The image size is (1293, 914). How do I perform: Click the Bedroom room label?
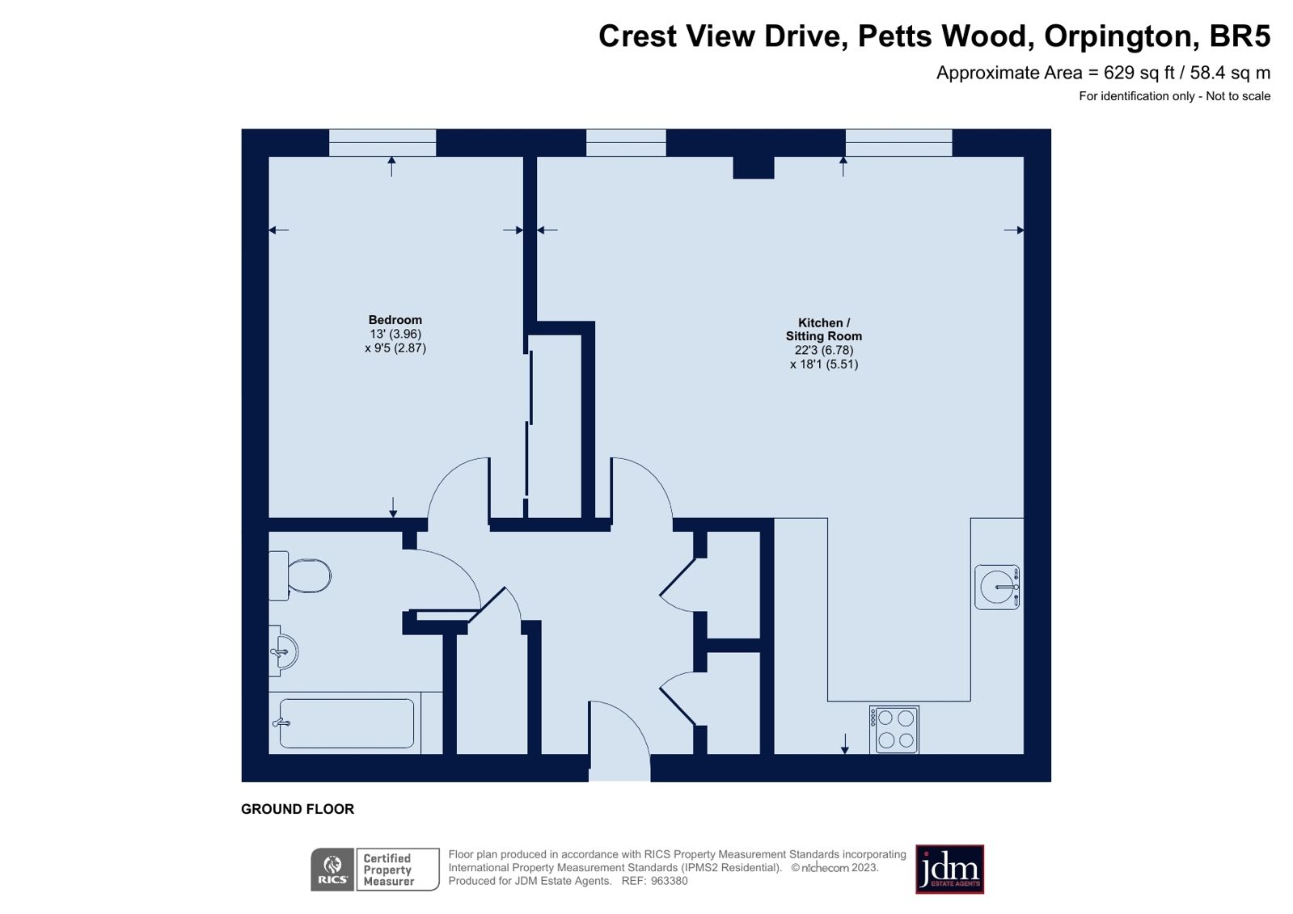pos(395,320)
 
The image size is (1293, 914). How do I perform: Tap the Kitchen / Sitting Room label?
pos(824,330)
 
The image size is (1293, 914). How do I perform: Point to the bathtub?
pos(346,723)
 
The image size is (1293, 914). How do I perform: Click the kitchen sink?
pos(996,586)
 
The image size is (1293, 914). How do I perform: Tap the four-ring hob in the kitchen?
pos(894,729)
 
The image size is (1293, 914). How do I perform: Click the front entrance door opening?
pos(619,768)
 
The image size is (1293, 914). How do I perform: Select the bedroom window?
pos(382,142)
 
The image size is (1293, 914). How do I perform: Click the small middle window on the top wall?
pos(626,142)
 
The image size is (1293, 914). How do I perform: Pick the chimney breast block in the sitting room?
pos(753,167)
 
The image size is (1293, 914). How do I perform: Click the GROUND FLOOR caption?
pos(298,809)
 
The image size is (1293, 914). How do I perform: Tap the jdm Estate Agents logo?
pos(949,870)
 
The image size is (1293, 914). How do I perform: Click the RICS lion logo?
pos(332,870)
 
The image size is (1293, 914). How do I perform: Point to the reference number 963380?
pos(669,881)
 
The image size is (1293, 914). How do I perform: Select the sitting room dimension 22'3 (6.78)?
pos(824,350)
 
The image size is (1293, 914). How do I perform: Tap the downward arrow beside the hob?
pos(845,743)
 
